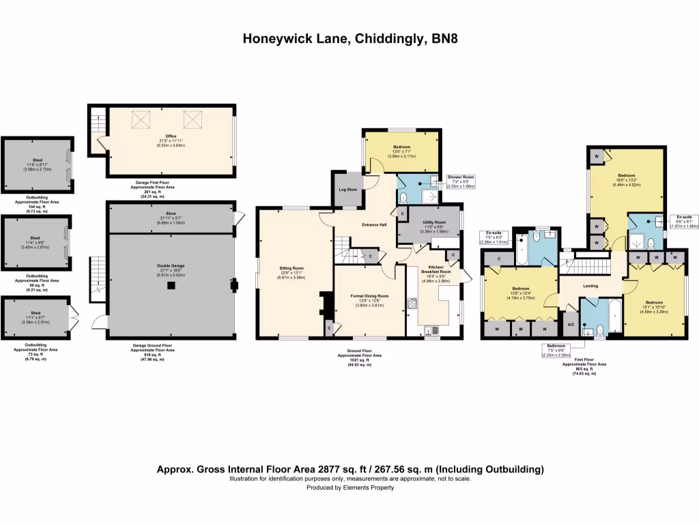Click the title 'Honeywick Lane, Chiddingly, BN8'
click(x=349, y=39)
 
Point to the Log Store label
click(x=347, y=189)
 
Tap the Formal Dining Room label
click(x=369, y=296)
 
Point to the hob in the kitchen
click(x=413, y=305)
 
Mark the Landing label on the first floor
click(x=590, y=287)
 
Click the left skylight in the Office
click(x=141, y=121)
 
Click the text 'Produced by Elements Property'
click(x=349, y=488)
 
